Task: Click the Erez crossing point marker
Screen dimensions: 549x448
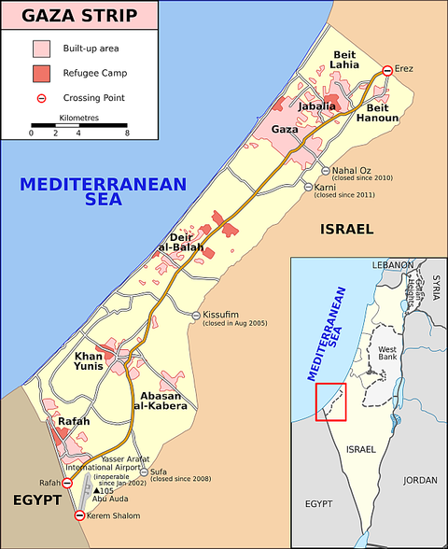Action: coord(387,70)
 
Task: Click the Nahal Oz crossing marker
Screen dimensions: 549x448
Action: coord(323,171)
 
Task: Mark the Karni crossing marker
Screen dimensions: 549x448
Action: coord(306,188)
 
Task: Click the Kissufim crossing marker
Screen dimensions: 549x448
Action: coord(196,316)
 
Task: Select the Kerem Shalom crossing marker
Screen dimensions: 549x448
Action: coord(78,515)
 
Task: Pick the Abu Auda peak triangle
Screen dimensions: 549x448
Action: coord(96,490)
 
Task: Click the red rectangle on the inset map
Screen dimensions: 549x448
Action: coord(330,401)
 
